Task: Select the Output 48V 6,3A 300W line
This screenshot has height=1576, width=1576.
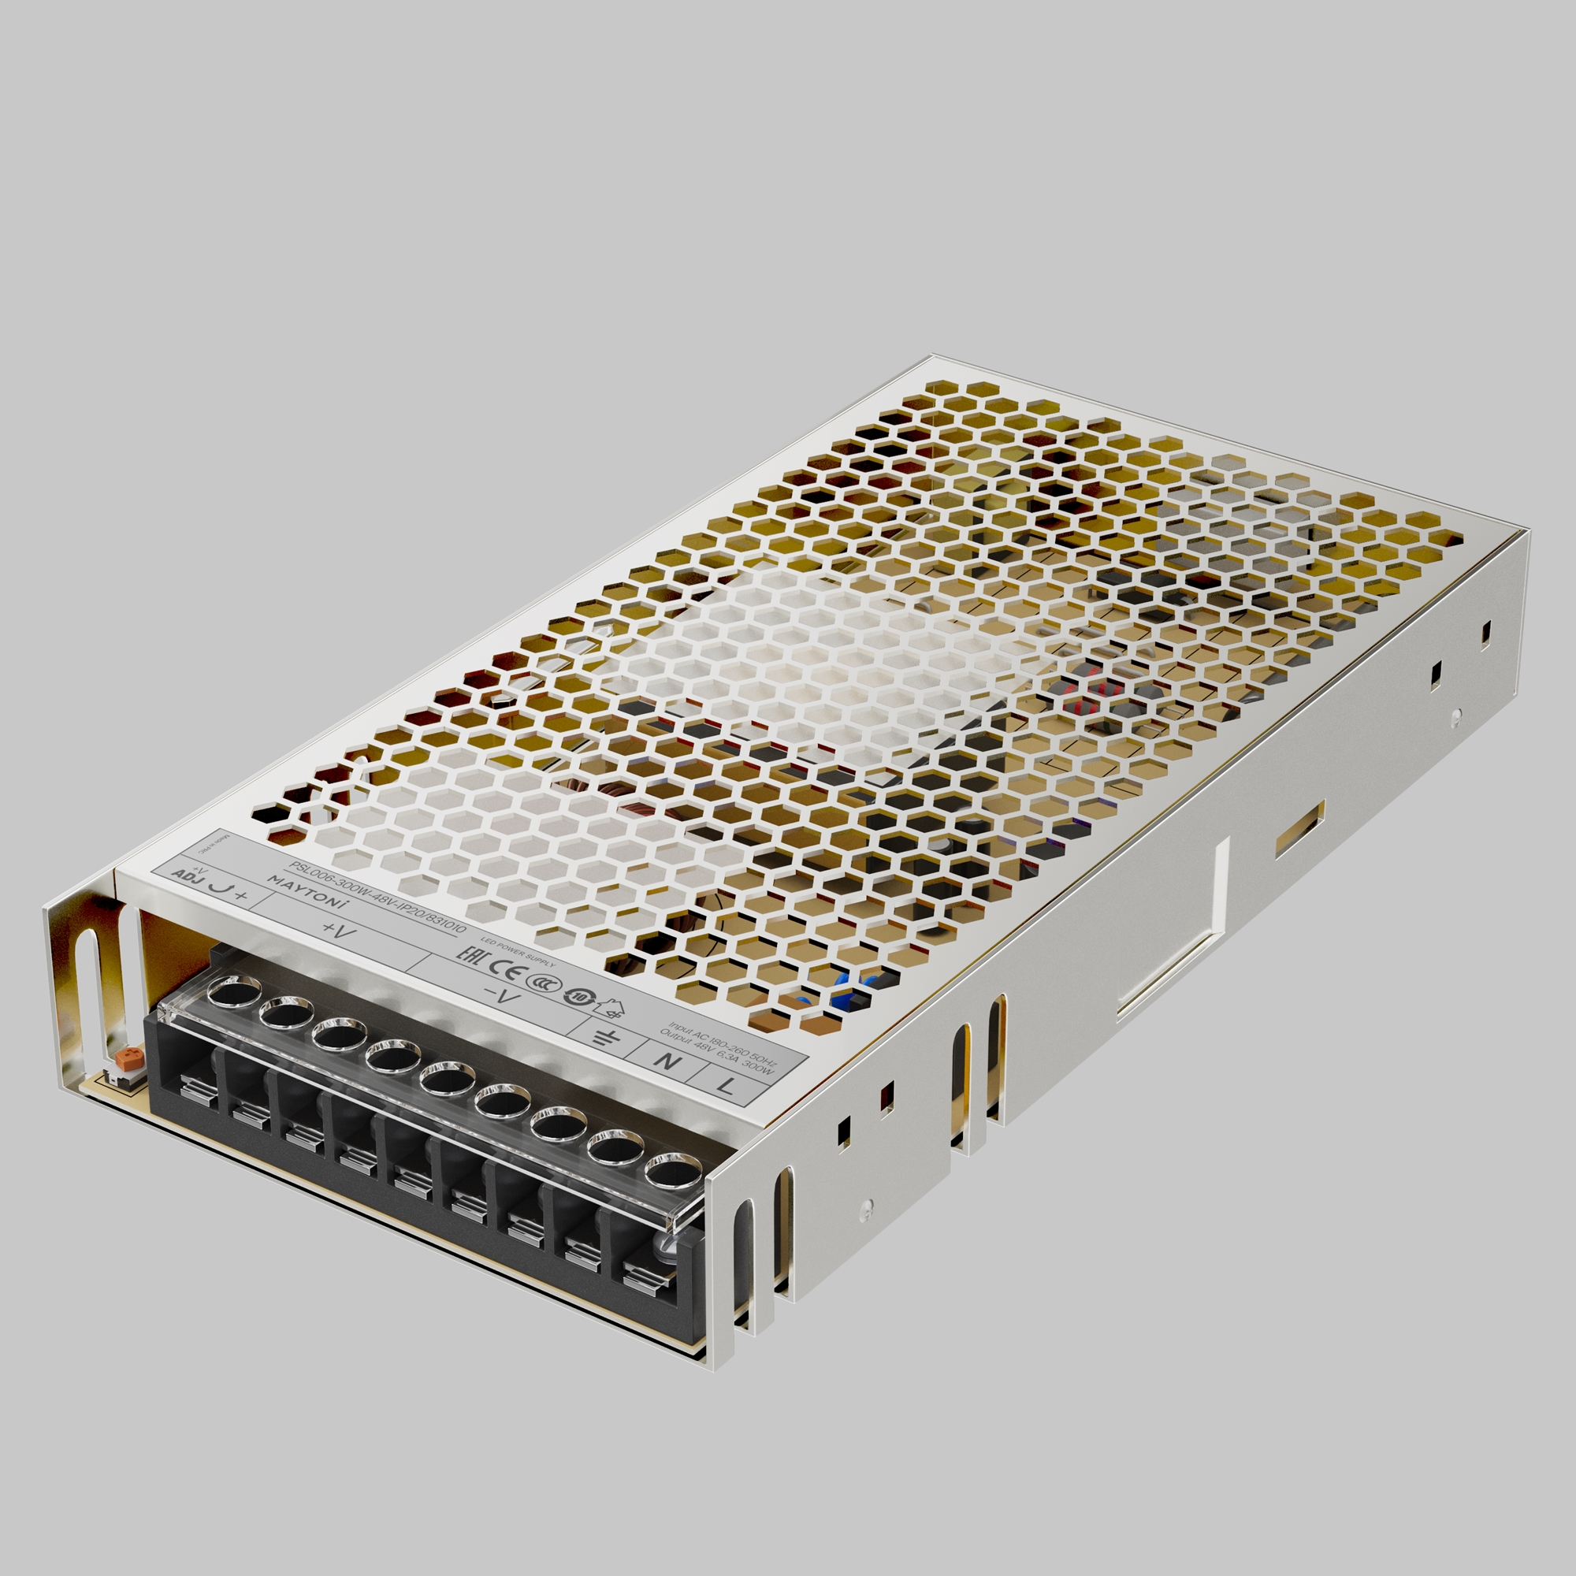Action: click(x=716, y=1053)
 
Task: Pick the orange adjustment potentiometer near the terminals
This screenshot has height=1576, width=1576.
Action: click(x=125, y=1060)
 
